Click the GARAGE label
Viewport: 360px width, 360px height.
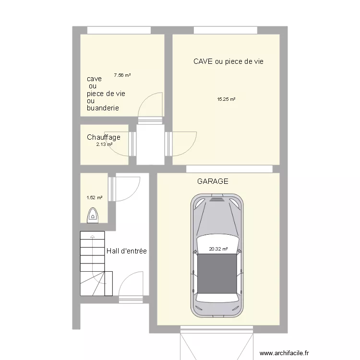[x=213, y=181]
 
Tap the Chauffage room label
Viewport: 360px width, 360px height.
[x=104, y=137]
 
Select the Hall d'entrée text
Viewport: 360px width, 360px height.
[x=126, y=251]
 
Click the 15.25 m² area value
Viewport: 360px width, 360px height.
[x=226, y=99]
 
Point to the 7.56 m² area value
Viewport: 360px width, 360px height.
[x=122, y=75]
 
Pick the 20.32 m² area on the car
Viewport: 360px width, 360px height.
[x=218, y=249]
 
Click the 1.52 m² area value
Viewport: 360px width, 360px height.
[x=94, y=197]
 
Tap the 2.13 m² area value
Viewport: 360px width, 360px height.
[x=104, y=144]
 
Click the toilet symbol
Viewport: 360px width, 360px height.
[x=93, y=216]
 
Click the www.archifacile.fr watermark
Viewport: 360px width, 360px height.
[x=284, y=352]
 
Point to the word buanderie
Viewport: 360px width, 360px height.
[x=103, y=108]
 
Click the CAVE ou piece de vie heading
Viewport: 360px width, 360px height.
[x=228, y=61]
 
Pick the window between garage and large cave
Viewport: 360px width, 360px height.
[x=229, y=168]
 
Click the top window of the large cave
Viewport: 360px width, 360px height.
[x=226, y=30]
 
